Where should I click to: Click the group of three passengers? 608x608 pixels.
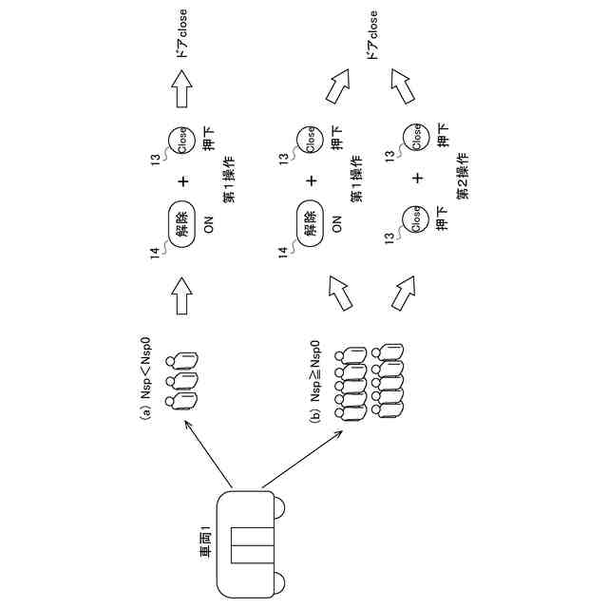click(x=183, y=381)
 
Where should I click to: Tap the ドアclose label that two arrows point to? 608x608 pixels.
click(x=372, y=38)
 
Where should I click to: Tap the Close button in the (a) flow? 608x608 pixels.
click(x=182, y=141)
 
